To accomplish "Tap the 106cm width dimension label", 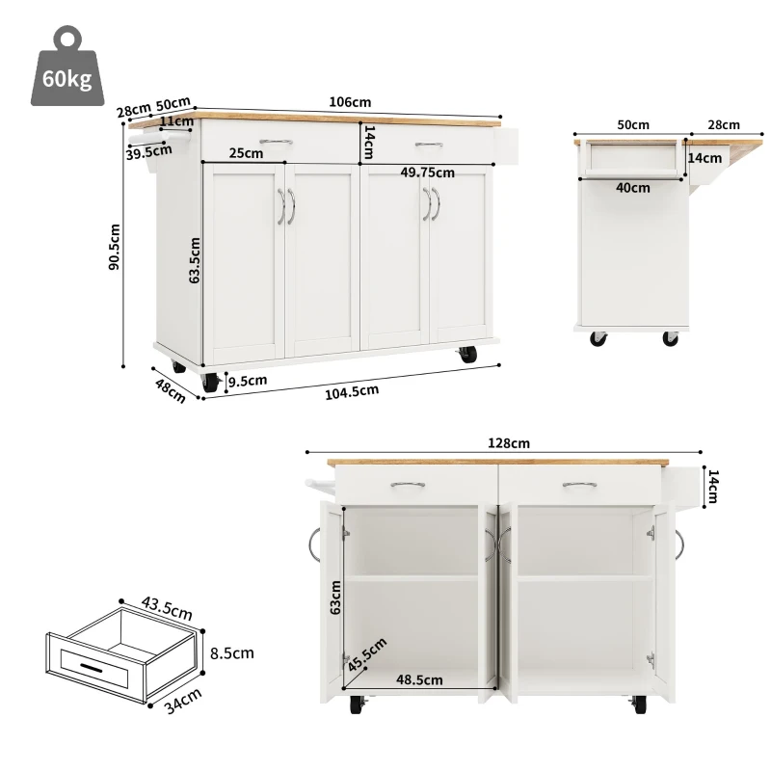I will (349, 102).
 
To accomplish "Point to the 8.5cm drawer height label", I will (231, 652).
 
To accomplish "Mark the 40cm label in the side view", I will (632, 188).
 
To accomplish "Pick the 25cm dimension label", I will (246, 152).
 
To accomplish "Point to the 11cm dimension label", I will (176, 121).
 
